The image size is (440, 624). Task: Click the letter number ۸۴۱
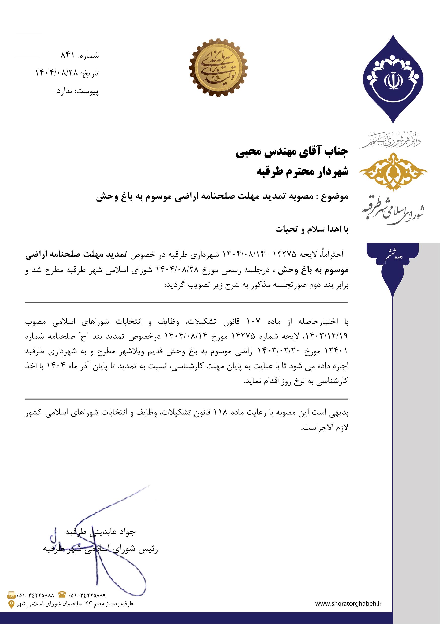pyautogui.click(x=67, y=56)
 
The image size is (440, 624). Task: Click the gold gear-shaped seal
pyautogui.click(x=218, y=68)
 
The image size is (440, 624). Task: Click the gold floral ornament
pyautogui.click(x=393, y=172)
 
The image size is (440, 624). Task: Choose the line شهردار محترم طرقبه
pyautogui.click(x=302, y=172)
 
